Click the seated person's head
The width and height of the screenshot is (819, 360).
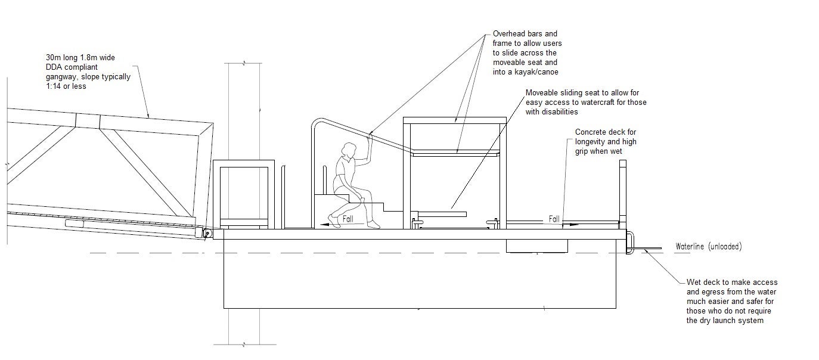click(349, 150)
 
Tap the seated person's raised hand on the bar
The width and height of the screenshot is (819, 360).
click(370, 138)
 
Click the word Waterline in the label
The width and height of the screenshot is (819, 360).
click(690, 246)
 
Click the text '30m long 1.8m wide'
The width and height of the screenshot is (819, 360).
click(80, 57)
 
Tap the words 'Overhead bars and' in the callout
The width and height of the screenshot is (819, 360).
click(525, 33)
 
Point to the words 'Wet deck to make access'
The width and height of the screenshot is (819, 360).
click(732, 282)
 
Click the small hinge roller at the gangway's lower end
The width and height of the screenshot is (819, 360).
click(207, 234)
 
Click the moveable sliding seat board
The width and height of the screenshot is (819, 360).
click(442, 214)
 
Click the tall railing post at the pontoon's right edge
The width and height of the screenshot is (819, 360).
click(623, 194)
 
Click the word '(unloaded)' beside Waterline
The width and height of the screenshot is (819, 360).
click(725, 246)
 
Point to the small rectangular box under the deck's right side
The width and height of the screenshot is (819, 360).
click(536, 246)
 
